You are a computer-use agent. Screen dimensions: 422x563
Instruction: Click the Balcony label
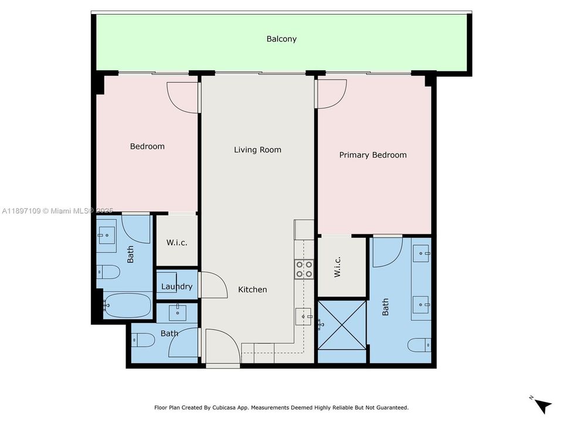(281, 39)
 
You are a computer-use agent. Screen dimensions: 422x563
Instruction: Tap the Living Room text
(257, 150)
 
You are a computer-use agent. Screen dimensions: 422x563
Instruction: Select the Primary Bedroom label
(372, 155)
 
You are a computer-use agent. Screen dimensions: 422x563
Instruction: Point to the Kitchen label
(252, 290)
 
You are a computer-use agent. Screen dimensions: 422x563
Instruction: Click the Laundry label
(177, 287)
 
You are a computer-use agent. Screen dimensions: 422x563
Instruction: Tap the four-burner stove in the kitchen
(304, 269)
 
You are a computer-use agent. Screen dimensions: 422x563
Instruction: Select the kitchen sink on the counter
(303, 316)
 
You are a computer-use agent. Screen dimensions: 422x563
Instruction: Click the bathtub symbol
(127, 305)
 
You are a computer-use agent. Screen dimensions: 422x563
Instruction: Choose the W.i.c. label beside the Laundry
(177, 243)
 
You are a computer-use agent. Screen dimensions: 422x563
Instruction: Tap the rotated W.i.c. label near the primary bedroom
(337, 267)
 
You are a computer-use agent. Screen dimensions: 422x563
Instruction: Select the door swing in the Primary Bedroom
(331, 93)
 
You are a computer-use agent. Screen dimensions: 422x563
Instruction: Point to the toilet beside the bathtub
(109, 271)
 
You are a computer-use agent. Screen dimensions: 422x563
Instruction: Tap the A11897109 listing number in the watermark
(21, 210)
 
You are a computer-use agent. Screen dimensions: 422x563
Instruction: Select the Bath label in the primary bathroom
(385, 307)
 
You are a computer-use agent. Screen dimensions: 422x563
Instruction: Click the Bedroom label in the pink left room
(147, 147)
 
